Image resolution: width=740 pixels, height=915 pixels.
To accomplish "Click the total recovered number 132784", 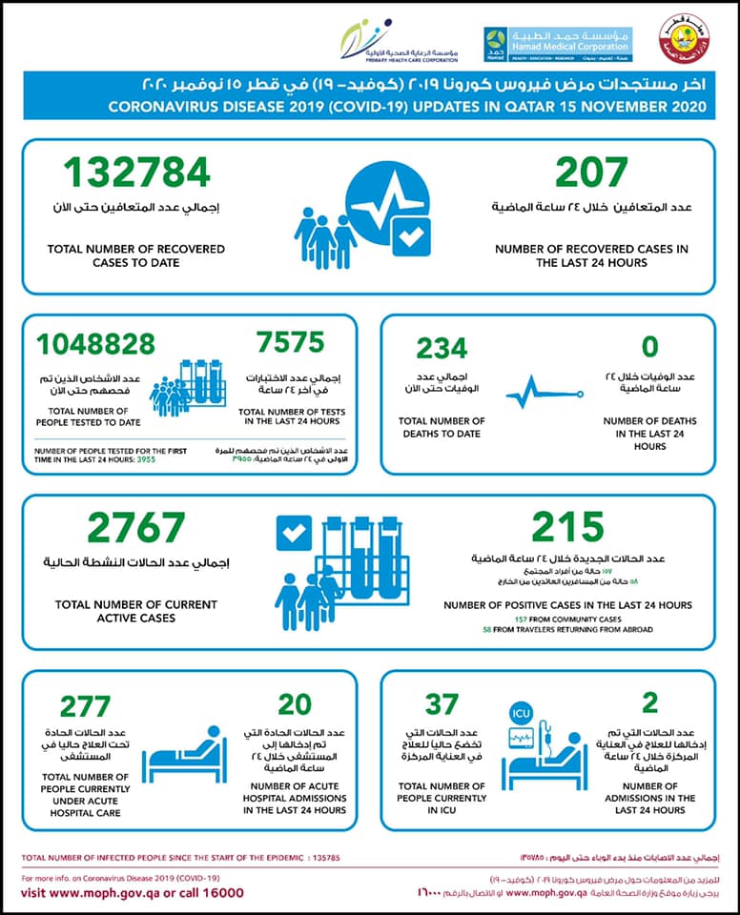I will click(139, 172).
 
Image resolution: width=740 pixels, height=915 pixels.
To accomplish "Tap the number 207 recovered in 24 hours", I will click(591, 172).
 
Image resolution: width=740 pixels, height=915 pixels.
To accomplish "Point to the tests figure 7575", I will click(291, 341).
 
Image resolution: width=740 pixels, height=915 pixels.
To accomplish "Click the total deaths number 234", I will click(441, 349).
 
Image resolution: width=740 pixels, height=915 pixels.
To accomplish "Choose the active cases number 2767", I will click(136, 528).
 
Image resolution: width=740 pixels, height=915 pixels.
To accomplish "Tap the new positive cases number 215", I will click(567, 527).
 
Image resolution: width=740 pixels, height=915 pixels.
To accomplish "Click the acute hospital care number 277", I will click(86, 706).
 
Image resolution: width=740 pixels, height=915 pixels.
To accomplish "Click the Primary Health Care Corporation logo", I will click(401, 42).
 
